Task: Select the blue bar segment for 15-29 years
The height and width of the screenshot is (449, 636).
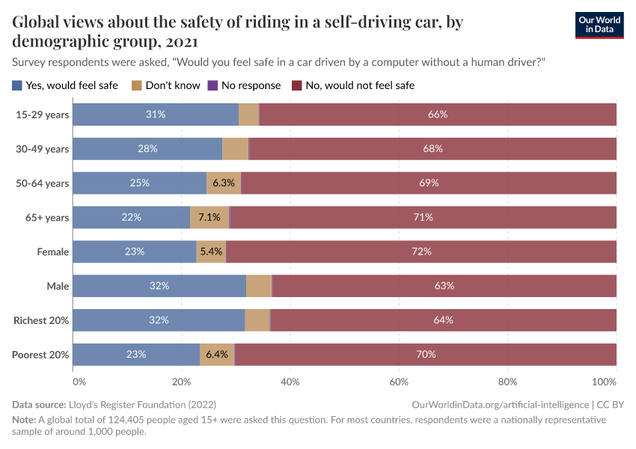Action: pyautogui.click(x=156, y=114)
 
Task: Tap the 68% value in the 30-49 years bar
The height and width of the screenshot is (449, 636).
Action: pyautogui.click(x=432, y=149)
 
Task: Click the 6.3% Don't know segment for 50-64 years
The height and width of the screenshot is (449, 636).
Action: pyautogui.click(x=224, y=183)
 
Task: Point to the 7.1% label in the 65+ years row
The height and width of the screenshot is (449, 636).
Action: pyautogui.click(x=210, y=217)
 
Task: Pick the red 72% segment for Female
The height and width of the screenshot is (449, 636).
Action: pyautogui.click(x=421, y=251)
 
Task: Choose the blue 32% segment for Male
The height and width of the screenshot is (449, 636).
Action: pyautogui.click(x=159, y=286)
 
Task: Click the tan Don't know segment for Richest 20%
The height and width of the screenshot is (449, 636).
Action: pyautogui.click(x=257, y=320)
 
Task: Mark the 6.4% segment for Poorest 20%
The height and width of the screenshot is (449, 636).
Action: pyautogui.click(x=217, y=354)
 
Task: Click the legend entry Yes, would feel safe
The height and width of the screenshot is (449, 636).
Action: pyautogui.click(x=65, y=85)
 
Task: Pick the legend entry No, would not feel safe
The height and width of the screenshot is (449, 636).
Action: pyautogui.click(x=352, y=85)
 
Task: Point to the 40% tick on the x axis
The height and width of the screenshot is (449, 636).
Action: pyautogui.click(x=290, y=381)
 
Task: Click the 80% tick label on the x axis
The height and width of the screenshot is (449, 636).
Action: pyautogui.click(x=507, y=381)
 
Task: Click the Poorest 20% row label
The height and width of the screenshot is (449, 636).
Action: pyautogui.click(x=40, y=355)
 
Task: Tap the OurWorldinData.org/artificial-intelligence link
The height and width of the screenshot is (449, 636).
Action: pyautogui.click(x=501, y=404)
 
